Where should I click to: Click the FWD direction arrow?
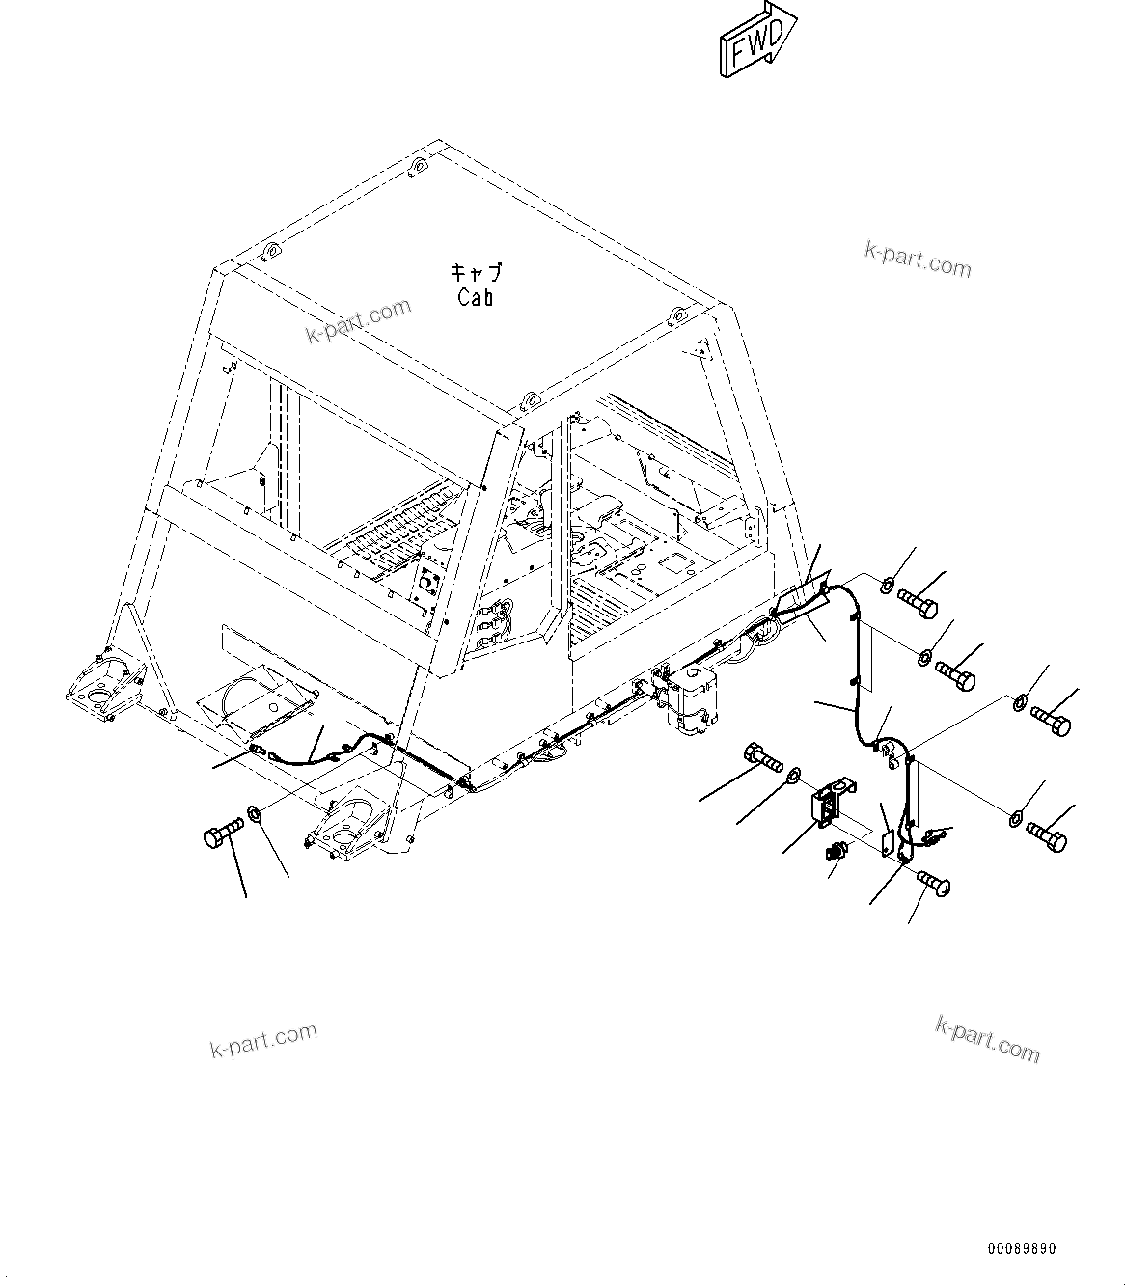tap(757, 41)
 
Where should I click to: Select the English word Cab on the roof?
tap(476, 297)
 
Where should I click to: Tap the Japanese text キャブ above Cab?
tap(476, 273)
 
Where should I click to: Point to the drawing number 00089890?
tap(1021, 1248)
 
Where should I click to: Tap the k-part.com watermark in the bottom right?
tap(988, 1037)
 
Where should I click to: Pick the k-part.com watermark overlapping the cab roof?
tap(358, 321)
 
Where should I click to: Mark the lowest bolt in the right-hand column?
tap(1047, 834)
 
